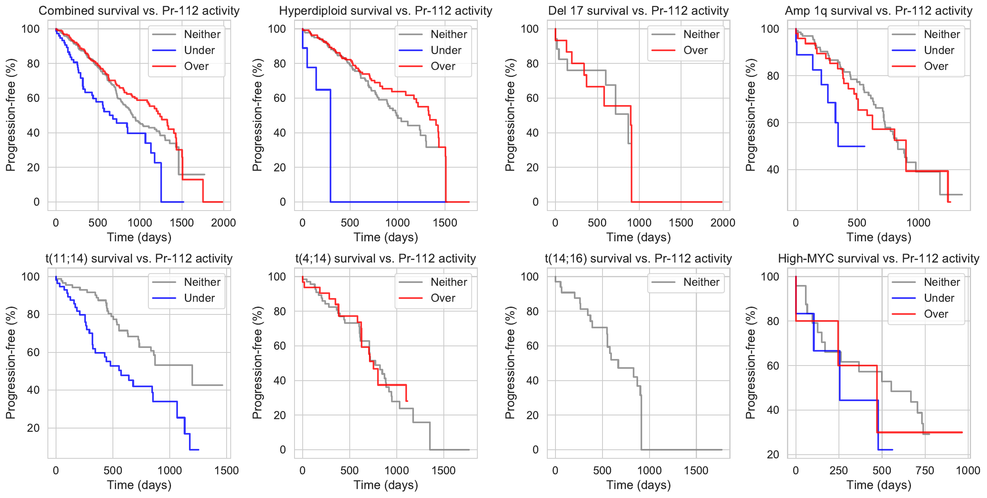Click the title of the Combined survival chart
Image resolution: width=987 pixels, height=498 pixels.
139,11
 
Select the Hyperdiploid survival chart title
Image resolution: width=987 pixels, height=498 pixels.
385,11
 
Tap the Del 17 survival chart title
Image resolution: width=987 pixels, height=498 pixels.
638,11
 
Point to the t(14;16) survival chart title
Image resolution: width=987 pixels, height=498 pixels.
638,258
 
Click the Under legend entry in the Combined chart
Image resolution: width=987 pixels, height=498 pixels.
199,50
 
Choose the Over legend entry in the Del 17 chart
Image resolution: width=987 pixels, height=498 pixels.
695,50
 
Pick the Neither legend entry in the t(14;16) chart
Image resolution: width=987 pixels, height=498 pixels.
701,282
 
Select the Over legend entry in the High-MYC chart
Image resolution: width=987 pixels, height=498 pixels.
936,314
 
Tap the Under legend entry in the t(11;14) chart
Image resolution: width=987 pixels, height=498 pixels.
199,298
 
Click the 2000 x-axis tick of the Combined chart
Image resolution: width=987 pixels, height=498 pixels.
223,223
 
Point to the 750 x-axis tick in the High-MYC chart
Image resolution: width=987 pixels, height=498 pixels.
925,471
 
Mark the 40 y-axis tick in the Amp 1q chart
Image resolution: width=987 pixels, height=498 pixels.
773,170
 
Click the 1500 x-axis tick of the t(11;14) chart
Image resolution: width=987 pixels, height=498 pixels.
227,471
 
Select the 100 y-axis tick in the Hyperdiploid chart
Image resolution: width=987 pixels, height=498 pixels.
277,29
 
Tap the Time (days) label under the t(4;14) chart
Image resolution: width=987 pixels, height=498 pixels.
385,485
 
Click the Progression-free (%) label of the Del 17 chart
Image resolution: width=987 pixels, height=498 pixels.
510,115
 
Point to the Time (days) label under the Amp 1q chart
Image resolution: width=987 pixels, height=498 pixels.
879,238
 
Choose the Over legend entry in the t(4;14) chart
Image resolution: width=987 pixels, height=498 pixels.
443,298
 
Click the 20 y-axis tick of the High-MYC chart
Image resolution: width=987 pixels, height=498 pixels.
773,455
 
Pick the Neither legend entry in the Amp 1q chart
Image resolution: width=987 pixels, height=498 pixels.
942,34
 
